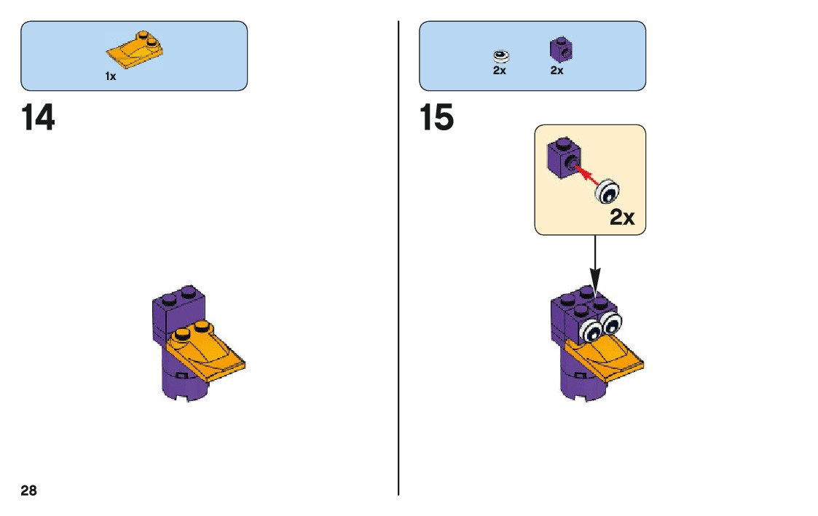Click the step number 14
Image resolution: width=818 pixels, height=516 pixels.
pyautogui.click(x=38, y=118)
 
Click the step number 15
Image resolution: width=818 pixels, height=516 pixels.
pyautogui.click(x=437, y=118)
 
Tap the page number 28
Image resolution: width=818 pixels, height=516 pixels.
pyautogui.click(x=28, y=491)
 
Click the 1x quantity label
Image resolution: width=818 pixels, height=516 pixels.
pyautogui.click(x=111, y=76)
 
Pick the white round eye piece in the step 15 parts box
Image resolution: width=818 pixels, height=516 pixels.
pyautogui.click(x=500, y=55)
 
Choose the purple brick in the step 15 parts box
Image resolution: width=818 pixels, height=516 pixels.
pyautogui.click(x=559, y=49)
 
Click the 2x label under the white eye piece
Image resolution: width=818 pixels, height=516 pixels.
pyautogui.click(x=499, y=71)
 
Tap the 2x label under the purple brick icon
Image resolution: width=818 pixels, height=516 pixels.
pyautogui.click(x=557, y=71)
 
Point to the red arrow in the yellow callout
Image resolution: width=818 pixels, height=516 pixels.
pyautogui.click(x=586, y=174)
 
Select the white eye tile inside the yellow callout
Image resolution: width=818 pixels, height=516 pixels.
pyautogui.click(x=607, y=191)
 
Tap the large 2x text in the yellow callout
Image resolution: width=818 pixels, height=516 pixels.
pyautogui.click(x=622, y=217)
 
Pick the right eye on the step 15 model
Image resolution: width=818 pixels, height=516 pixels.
pyautogui.click(x=610, y=322)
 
